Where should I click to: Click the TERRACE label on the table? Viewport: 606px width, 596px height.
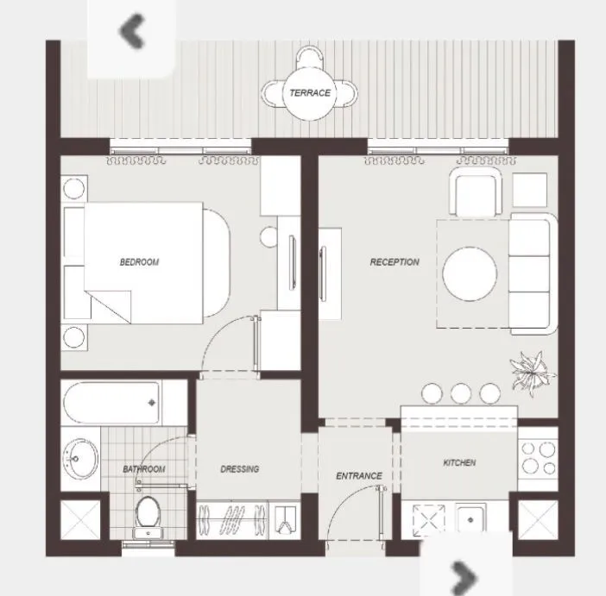pyautogui.click(x=309, y=93)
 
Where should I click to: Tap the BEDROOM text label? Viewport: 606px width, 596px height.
pyautogui.click(x=139, y=262)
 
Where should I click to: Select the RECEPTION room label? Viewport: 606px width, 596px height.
pyautogui.click(x=395, y=262)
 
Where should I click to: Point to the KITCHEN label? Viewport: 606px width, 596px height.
pyautogui.click(x=459, y=463)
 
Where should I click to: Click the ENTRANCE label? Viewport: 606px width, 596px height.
pyautogui.click(x=359, y=476)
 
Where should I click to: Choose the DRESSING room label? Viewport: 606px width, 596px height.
pyautogui.click(x=239, y=469)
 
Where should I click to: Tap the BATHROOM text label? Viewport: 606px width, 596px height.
pyautogui.click(x=143, y=469)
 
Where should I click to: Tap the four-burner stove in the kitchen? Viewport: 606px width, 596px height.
pyautogui.click(x=539, y=458)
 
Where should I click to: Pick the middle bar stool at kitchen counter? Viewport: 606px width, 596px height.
pyautogui.click(x=460, y=393)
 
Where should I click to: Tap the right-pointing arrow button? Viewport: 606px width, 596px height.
pyautogui.click(x=464, y=573)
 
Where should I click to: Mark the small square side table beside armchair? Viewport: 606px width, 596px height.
pyautogui.click(x=529, y=190)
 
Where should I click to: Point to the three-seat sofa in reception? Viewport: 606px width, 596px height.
pyautogui.click(x=532, y=274)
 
